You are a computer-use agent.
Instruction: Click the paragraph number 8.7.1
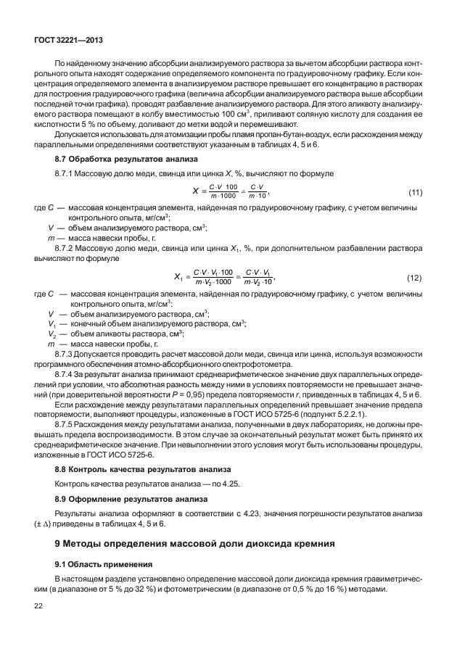click(x=67, y=174)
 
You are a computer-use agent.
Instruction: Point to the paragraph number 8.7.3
click(x=67, y=354)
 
